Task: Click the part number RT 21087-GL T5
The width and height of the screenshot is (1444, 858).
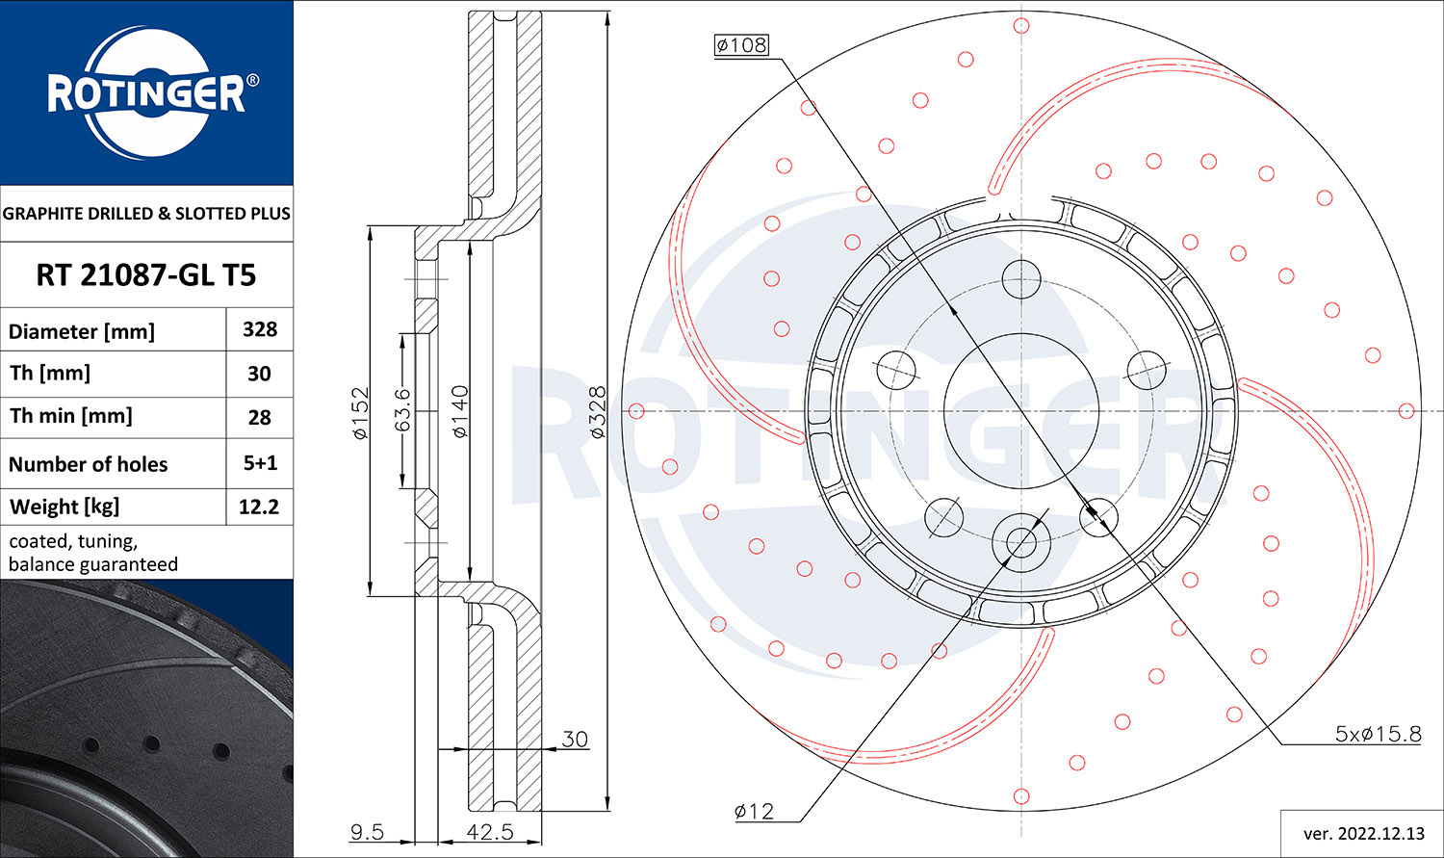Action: click(x=145, y=275)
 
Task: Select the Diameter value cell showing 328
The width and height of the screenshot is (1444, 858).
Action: click(x=260, y=329)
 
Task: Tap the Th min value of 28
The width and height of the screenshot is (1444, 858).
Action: click(x=259, y=417)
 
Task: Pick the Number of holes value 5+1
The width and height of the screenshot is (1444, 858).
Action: click(x=260, y=463)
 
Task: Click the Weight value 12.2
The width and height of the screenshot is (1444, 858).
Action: click(x=259, y=507)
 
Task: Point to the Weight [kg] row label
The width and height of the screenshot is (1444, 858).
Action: click(x=64, y=507)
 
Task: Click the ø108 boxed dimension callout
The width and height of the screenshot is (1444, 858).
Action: click(x=741, y=45)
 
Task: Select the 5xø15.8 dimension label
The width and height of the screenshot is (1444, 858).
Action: click(x=1378, y=734)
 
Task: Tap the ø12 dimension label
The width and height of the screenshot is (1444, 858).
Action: click(x=754, y=811)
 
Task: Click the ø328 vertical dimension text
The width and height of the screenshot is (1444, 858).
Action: click(x=598, y=412)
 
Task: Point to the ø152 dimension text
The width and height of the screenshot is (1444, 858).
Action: click(x=361, y=413)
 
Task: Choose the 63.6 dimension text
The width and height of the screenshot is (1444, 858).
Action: click(x=402, y=410)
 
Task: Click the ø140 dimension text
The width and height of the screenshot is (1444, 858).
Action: click(x=460, y=412)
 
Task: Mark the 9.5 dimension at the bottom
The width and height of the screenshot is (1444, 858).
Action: click(x=367, y=832)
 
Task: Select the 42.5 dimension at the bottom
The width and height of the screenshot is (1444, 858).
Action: click(x=490, y=832)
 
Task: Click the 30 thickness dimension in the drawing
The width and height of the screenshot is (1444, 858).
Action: click(x=575, y=739)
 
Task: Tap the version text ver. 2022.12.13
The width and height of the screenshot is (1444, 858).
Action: click(x=1364, y=834)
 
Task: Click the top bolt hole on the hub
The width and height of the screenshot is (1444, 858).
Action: click(x=1021, y=279)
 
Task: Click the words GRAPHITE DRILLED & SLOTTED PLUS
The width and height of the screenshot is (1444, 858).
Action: click(x=146, y=214)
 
